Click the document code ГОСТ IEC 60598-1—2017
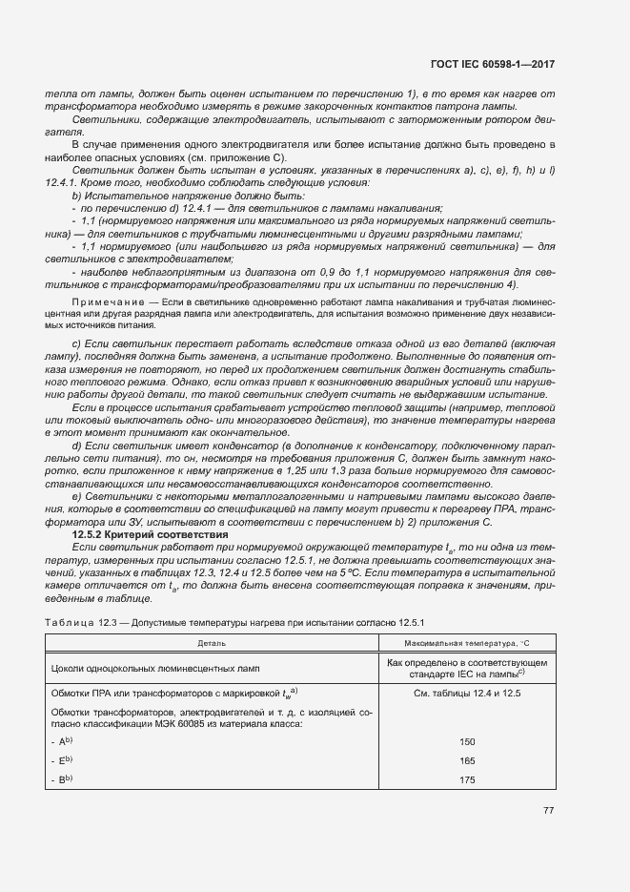pyautogui.click(x=492, y=64)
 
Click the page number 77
pyautogui.click(x=548, y=812)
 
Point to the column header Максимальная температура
pyautogui.click(x=466, y=644)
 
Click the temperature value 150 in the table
pyautogui.click(x=466, y=741)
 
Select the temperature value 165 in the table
pyautogui.click(x=466, y=760)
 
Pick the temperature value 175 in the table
pyautogui.click(x=466, y=779)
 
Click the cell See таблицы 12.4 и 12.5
pyautogui.click(x=466, y=693)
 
